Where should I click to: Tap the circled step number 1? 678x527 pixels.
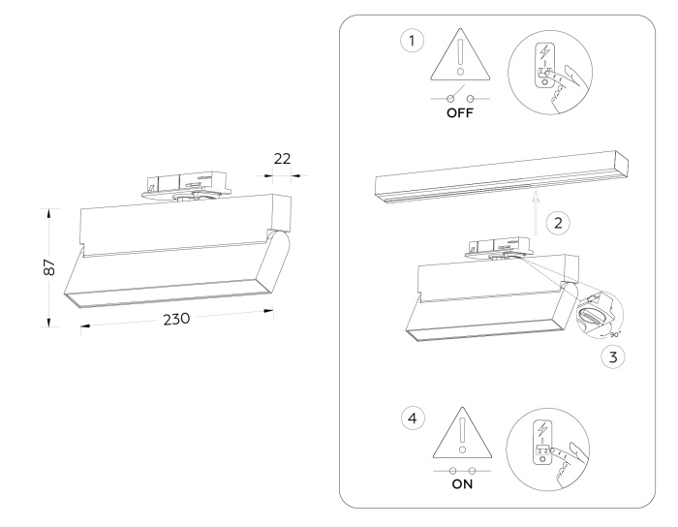[x=414, y=42]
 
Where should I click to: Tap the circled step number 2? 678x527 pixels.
[x=556, y=223]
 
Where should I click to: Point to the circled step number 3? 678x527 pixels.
[x=608, y=355]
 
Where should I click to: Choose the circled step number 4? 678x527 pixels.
[x=414, y=419]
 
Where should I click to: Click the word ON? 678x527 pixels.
[x=460, y=487]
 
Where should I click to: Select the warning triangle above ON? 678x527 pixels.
[x=460, y=433]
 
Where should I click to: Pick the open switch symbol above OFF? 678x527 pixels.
[x=460, y=98]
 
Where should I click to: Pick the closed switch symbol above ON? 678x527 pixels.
[x=460, y=470]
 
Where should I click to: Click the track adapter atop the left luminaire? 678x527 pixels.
[x=183, y=185]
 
